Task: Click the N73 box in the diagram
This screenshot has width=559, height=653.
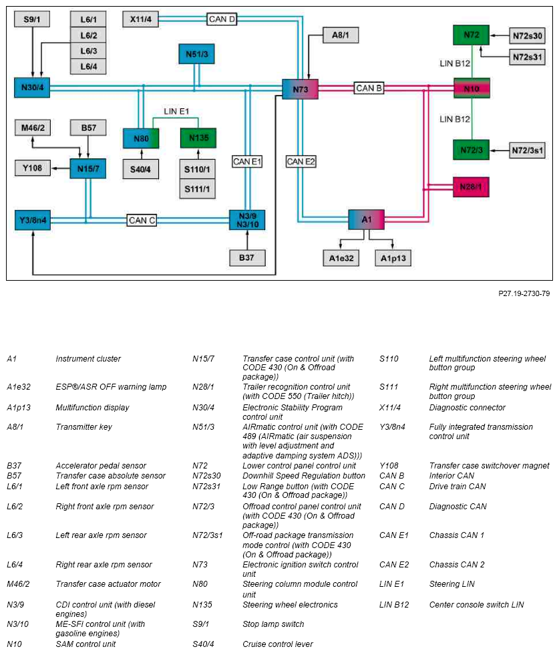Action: pos(300,89)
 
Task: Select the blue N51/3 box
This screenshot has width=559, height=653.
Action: pos(197,54)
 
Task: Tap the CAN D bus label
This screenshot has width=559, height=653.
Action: pos(222,19)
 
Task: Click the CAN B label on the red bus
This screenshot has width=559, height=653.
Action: pos(369,88)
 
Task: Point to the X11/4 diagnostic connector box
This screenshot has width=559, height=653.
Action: pos(141,19)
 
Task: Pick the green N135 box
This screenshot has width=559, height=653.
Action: pos(198,138)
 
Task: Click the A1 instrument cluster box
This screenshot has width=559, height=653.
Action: pos(366,219)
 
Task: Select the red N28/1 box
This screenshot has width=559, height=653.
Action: pos(471,187)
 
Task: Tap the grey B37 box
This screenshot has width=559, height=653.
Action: pos(247,258)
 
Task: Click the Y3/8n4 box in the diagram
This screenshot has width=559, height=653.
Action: pos(33,220)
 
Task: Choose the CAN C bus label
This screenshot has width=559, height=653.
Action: pos(142,221)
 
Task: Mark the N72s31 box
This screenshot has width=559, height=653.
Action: pos(528,57)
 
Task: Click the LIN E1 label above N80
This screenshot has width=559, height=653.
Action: pos(176,112)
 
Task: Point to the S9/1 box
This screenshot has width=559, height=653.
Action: pos(32,19)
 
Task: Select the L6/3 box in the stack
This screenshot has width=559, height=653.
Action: pos(88,51)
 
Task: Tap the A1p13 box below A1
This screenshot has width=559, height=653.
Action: pos(393,258)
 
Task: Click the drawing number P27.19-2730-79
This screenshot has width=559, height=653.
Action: pos(524,293)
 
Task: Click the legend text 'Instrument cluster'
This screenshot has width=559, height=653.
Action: pos(88,358)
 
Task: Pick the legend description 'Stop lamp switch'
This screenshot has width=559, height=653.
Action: pos(273,624)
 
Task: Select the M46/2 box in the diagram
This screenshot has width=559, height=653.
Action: pos(33,128)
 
